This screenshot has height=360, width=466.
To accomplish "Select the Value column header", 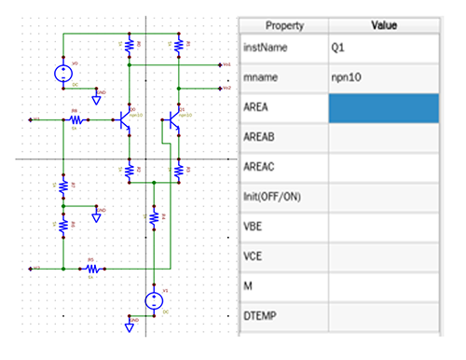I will click(383, 26).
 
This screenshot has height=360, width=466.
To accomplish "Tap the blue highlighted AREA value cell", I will click(383, 107).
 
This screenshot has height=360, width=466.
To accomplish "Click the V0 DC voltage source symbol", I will click(63, 73).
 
